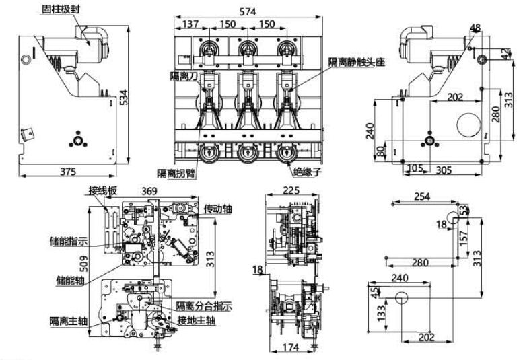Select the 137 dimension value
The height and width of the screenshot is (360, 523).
point(190,24)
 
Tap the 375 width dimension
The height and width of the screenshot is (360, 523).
point(67,172)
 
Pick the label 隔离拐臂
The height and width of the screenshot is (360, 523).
point(176,172)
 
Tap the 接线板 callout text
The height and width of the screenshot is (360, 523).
point(103,190)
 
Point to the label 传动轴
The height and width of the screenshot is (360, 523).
point(217,209)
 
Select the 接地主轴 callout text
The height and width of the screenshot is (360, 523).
point(197,321)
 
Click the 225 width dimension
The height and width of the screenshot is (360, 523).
point(291,190)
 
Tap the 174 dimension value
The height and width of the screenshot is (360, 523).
point(291,348)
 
